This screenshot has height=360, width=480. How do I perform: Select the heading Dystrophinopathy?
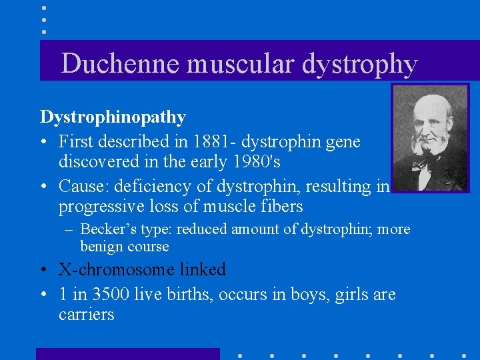(113, 117)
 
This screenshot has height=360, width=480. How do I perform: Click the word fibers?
(280, 207)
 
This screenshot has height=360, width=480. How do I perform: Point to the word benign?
(102, 247)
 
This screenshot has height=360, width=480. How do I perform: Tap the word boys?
(309, 294)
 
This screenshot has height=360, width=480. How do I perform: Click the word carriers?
(87, 314)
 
